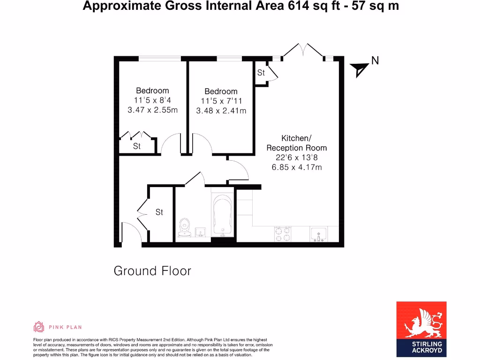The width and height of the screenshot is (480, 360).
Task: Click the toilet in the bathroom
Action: (184, 227)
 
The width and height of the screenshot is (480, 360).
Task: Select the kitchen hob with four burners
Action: (283, 233)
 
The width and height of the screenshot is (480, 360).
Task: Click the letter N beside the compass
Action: (375, 60)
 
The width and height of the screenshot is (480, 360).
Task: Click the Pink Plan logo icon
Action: (39, 327)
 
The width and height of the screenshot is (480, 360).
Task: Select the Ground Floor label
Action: (152, 271)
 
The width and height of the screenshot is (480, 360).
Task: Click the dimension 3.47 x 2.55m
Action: (152, 110)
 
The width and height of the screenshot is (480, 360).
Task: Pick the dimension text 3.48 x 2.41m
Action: (221, 111)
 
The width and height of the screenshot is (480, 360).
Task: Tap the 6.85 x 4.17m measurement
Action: (297, 167)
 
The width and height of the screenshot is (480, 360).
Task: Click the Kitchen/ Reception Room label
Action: (297, 143)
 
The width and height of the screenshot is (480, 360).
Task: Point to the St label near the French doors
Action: (261, 73)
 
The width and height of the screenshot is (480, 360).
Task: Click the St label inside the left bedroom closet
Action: (136, 146)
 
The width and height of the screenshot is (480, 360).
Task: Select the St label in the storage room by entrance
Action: (159, 212)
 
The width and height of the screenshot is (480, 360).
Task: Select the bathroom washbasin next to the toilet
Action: (200, 232)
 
